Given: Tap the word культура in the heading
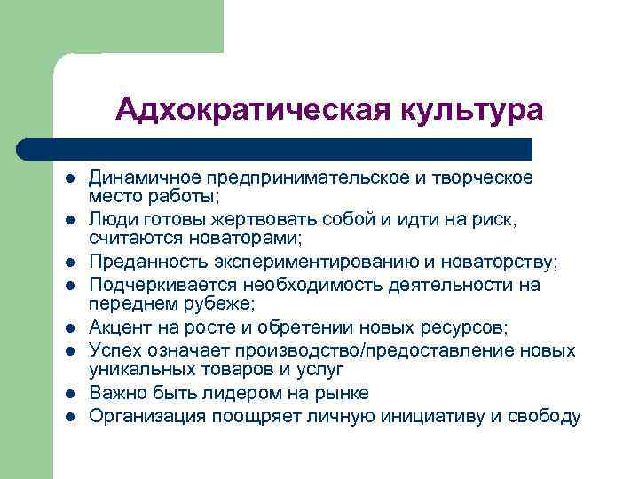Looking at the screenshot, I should (470, 111).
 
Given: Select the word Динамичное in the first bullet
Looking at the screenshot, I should (140, 177).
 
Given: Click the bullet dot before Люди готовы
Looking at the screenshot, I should (68, 218).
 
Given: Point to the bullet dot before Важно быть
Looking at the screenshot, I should (68, 392).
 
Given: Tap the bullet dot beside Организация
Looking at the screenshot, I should (68, 415).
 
